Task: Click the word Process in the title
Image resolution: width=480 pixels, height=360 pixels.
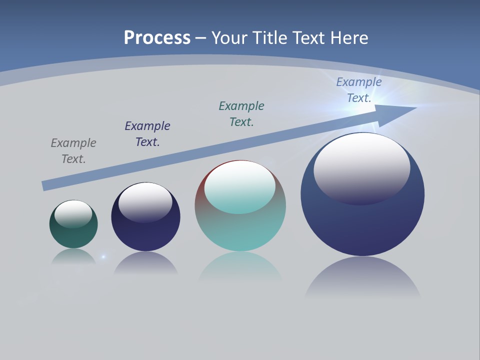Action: pyautogui.click(x=157, y=38)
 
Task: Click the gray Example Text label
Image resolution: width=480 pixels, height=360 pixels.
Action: pyautogui.click(x=73, y=150)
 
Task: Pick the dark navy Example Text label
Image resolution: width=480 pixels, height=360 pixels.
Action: pyautogui.click(x=147, y=133)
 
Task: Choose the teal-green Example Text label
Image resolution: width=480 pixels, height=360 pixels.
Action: pyautogui.click(x=241, y=113)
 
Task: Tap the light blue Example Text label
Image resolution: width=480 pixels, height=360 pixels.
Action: pyautogui.click(x=359, y=89)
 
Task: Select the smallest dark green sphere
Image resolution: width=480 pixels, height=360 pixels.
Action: pyautogui.click(x=73, y=235)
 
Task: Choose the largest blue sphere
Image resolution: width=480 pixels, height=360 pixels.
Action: pyautogui.click(x=362, y=225)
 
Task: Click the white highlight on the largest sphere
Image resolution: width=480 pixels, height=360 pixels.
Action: pyautogui.click(x=362, y=165)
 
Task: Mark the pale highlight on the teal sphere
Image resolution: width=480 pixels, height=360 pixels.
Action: pyautogui.click(x=239, y=186)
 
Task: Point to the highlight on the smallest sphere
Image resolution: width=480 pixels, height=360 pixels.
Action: pyautogui.click(x=73, y=212)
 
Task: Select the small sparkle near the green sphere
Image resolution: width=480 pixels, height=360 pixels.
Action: pyautogui.click(x=103, y=257)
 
